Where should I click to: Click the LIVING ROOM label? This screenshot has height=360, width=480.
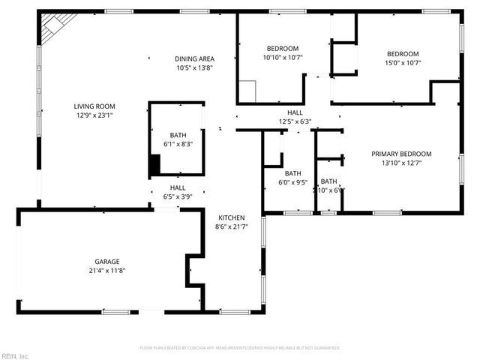[x=94, y=106]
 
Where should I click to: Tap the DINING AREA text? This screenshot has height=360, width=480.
[x=194, y=58]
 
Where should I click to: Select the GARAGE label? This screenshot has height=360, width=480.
[x=106, y=261]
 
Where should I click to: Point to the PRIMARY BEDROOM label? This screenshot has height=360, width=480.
[x=401, y=154]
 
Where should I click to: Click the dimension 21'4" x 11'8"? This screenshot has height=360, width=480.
[x=106, y=270]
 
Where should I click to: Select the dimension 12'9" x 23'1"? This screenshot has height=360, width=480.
[x=94, y=115]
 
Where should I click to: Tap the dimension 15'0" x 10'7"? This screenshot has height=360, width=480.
[x=403, y=62]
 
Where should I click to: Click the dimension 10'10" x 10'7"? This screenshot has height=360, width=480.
[x=282, y=57]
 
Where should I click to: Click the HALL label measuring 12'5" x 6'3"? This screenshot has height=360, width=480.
[x=295, y=112]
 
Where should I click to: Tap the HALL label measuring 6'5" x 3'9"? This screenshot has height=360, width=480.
[x=178, y=187]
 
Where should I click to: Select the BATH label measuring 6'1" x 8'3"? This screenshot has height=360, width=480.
[x=178, y=135]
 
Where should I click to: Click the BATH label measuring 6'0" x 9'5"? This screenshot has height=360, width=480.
[x=292, y=172]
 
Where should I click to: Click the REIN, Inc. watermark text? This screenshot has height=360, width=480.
[x=14, y=355]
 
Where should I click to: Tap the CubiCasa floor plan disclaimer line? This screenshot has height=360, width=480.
[x=240, y=348]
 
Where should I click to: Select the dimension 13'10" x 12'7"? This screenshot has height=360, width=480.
[x=401, y=163]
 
